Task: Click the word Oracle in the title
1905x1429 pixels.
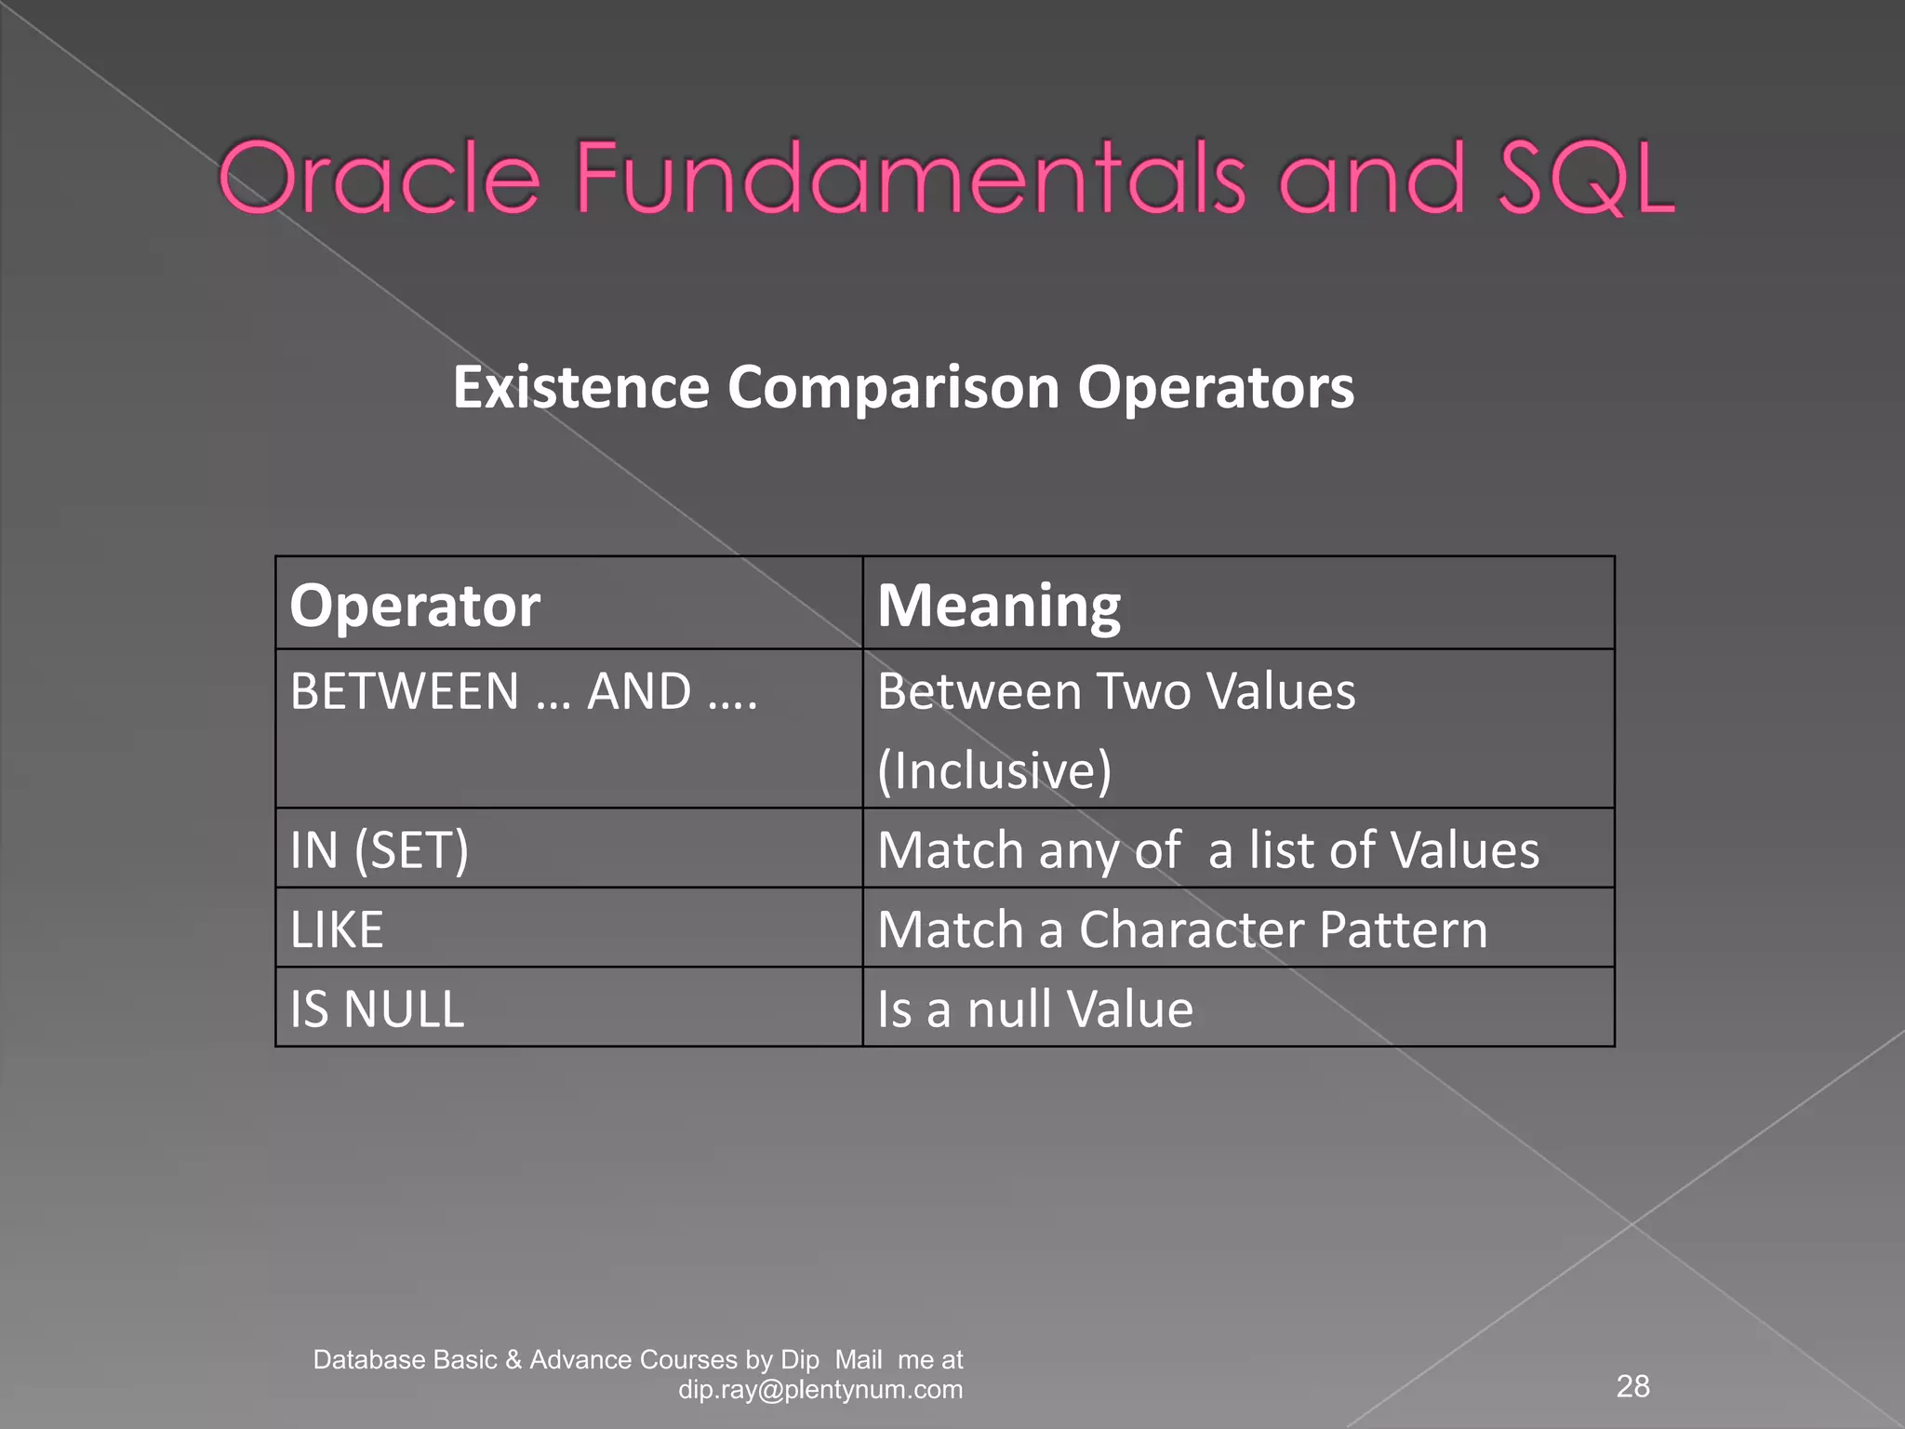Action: (x=380, y=179)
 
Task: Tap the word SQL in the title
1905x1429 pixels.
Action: (x=1587, y=179)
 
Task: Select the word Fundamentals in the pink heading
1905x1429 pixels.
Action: (x=910, y=179)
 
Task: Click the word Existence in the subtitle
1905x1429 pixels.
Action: (x=580, y=387)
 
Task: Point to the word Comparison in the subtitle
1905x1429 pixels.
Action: (x=893, y=387)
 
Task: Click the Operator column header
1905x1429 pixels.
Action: (x=415, y=606)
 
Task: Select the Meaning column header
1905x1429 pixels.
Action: (x=999, y=606)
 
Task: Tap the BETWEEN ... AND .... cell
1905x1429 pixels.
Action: (x=524, y=692)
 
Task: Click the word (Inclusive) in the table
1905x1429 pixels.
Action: (x=994, y=770)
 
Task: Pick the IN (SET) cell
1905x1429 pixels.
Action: (x=380, y=849)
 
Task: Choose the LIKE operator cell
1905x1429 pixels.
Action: (x=337, y=929)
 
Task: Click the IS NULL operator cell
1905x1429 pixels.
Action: (x=377, y=1008)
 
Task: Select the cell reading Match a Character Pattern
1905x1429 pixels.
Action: (x=1182, y=929)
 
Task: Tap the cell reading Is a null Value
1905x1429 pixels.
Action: (x=1034, y=1008)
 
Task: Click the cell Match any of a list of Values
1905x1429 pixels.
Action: (x=1207, y=849)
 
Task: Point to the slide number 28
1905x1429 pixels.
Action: (x=1632, y=1386)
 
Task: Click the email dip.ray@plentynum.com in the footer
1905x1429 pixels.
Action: (x=820, y=1390)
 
